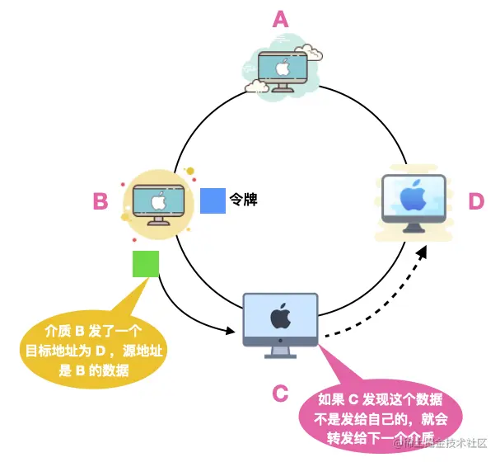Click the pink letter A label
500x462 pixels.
[281, 18]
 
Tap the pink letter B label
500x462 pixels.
[100, 200]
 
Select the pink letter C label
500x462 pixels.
[280, 393]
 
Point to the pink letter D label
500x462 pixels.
[476, 200]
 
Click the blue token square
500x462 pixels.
[213, 200]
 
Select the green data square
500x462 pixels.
[146, 264]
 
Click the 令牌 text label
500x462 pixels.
[244, 200]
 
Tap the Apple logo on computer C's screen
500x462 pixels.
[282, 315]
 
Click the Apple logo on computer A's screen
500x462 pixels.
[281, 66]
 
